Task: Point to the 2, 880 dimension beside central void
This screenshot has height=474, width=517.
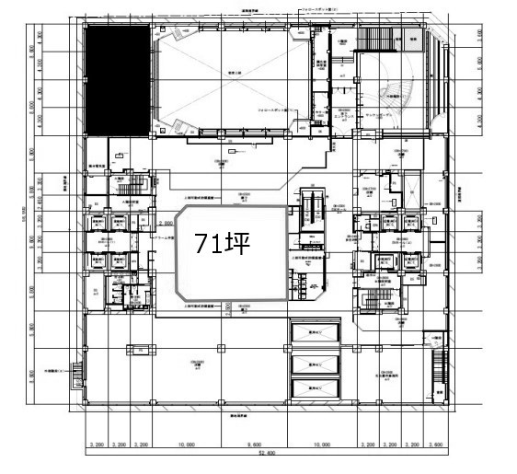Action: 167,223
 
